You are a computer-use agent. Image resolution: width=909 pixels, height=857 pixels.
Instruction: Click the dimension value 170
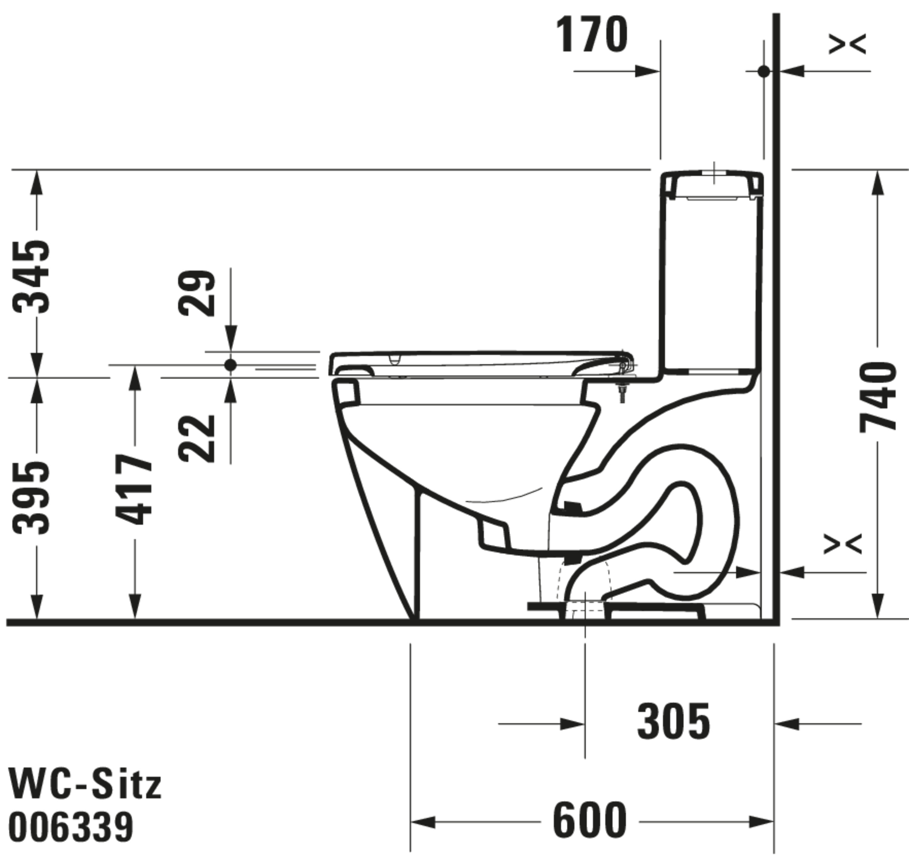click(592, 35)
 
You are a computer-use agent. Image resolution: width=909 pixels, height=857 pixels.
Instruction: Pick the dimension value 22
click(197, 439)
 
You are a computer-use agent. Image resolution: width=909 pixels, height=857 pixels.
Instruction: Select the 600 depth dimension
click(589, 819)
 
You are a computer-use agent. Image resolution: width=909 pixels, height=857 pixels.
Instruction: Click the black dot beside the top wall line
click(764, 71)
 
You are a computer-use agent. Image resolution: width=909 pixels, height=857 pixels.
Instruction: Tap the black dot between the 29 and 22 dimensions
click(231, 365)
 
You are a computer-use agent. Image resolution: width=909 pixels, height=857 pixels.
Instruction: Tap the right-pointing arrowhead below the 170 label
click(648, 71)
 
